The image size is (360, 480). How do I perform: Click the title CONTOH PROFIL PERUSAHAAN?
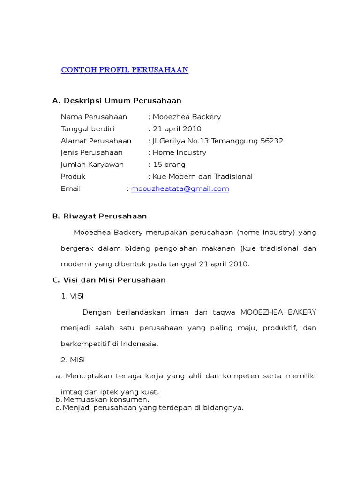click(x=124, y=70)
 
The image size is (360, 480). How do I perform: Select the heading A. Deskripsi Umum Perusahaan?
click(x=117, y=101)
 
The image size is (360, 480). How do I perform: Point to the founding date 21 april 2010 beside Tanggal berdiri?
click(x=177, y=129)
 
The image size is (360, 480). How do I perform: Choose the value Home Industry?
click(x=179, y=153)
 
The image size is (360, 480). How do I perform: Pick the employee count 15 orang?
click(x=169, y=165)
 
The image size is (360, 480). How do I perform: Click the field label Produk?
click(x=73, y=177)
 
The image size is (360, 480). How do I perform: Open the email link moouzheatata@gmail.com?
click(x=180, y=189)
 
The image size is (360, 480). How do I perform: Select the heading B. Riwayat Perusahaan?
click(x=99, y=217)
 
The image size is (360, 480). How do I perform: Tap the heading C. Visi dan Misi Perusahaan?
click(x=109, y=280)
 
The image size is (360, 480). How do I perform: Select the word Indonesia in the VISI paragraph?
click(x=139, y=344)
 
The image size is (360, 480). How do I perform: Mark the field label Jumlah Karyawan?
click(x=92, y=165)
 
